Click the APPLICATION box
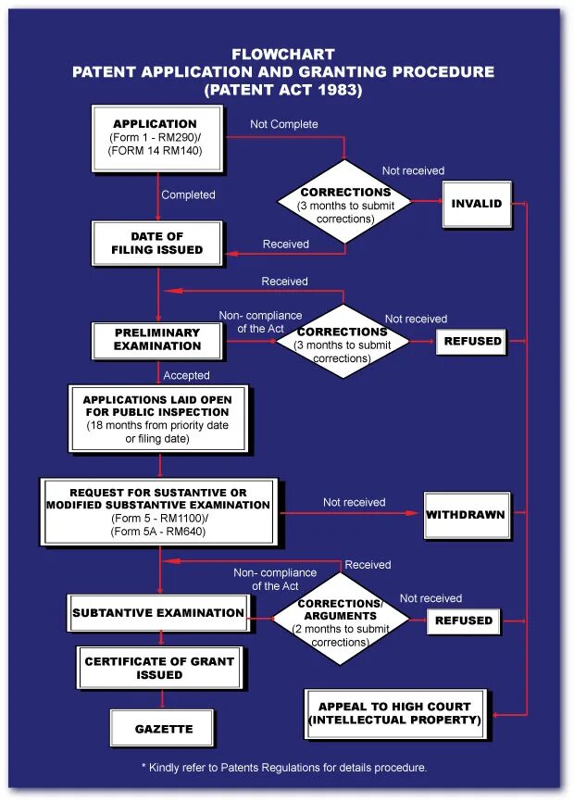point(156,137)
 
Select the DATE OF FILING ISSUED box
point(156,244)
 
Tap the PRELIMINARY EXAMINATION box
point(157,340)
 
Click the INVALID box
point(477,204)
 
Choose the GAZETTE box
point(163,729)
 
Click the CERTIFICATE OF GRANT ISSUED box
point(159,668)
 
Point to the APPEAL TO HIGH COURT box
point(394,713)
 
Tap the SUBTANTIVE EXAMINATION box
point(158,613)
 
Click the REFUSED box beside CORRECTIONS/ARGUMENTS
point(464,620)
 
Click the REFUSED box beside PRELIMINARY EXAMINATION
point(472,341)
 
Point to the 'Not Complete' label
point(284,124)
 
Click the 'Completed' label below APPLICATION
point(188,195)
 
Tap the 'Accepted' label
point(186,376)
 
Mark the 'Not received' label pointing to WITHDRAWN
point(354,503)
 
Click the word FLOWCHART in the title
point(283,55)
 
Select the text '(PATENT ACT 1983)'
point(283,91)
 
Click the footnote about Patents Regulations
point(283,768)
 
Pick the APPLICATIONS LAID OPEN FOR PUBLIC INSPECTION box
point(157,419)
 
